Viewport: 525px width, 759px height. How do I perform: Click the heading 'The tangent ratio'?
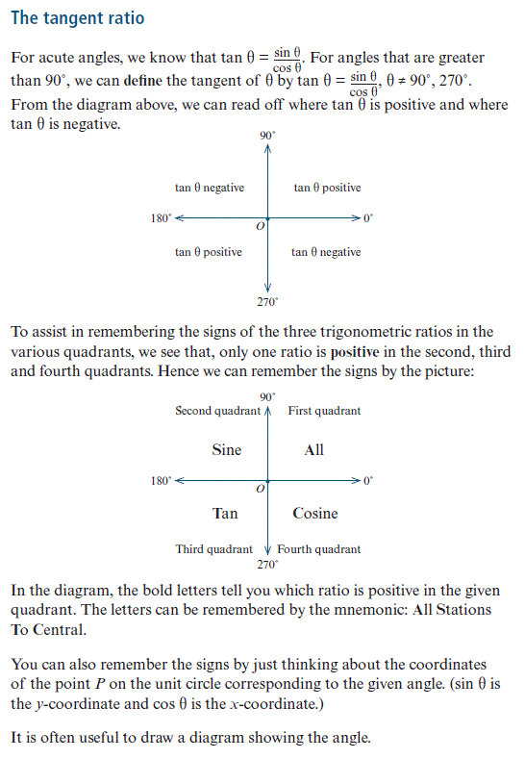tap(78, 18)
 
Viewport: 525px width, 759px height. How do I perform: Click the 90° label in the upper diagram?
tap(267, 136)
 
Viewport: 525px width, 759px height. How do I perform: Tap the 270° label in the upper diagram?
tap(267, 302)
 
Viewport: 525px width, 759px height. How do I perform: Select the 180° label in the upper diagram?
tap(161, 218)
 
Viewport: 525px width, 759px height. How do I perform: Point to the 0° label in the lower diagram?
tap(368, 481)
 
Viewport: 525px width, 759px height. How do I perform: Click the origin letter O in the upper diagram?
tap(261, 226)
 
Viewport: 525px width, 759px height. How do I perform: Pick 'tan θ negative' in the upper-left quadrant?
tap(210, 188)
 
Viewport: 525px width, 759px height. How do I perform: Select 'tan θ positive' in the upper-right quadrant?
tap(327, 188)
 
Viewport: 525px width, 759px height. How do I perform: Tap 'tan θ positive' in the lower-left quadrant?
tap(209, 252)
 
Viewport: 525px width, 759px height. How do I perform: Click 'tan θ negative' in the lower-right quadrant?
tap(326, 252)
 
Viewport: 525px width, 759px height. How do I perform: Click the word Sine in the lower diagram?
tap(227, 449)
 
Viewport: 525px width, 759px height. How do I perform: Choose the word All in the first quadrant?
tap(314, 449)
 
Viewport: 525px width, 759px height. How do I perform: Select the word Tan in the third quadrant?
tap(225, 513)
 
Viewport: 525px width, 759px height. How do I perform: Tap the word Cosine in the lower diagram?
tap(315, 513)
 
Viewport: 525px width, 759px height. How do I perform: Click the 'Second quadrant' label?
tap(217, 411)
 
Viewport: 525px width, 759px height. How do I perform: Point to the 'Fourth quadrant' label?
tap(319, 549)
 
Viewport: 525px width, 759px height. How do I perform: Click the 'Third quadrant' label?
tap(213, 549)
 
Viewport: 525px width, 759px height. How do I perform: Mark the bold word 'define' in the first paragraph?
tap(142, 80)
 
